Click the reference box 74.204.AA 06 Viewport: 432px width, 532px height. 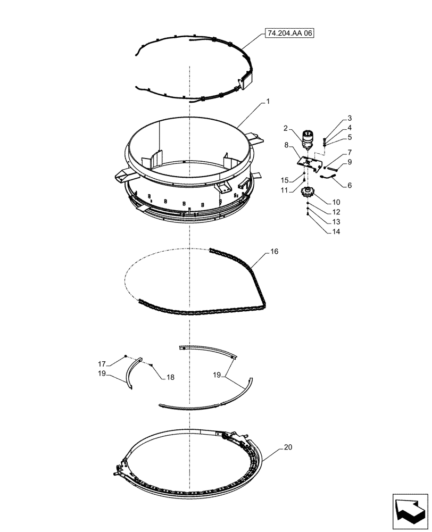pos(289,33)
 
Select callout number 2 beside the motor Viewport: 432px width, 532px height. pos(350,118)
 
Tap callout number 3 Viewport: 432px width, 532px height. pos(350,128)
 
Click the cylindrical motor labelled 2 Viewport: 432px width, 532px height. pos(307,140)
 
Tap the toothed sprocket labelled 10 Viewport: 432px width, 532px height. pos(308,193)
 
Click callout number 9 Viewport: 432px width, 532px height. pos(350,162)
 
